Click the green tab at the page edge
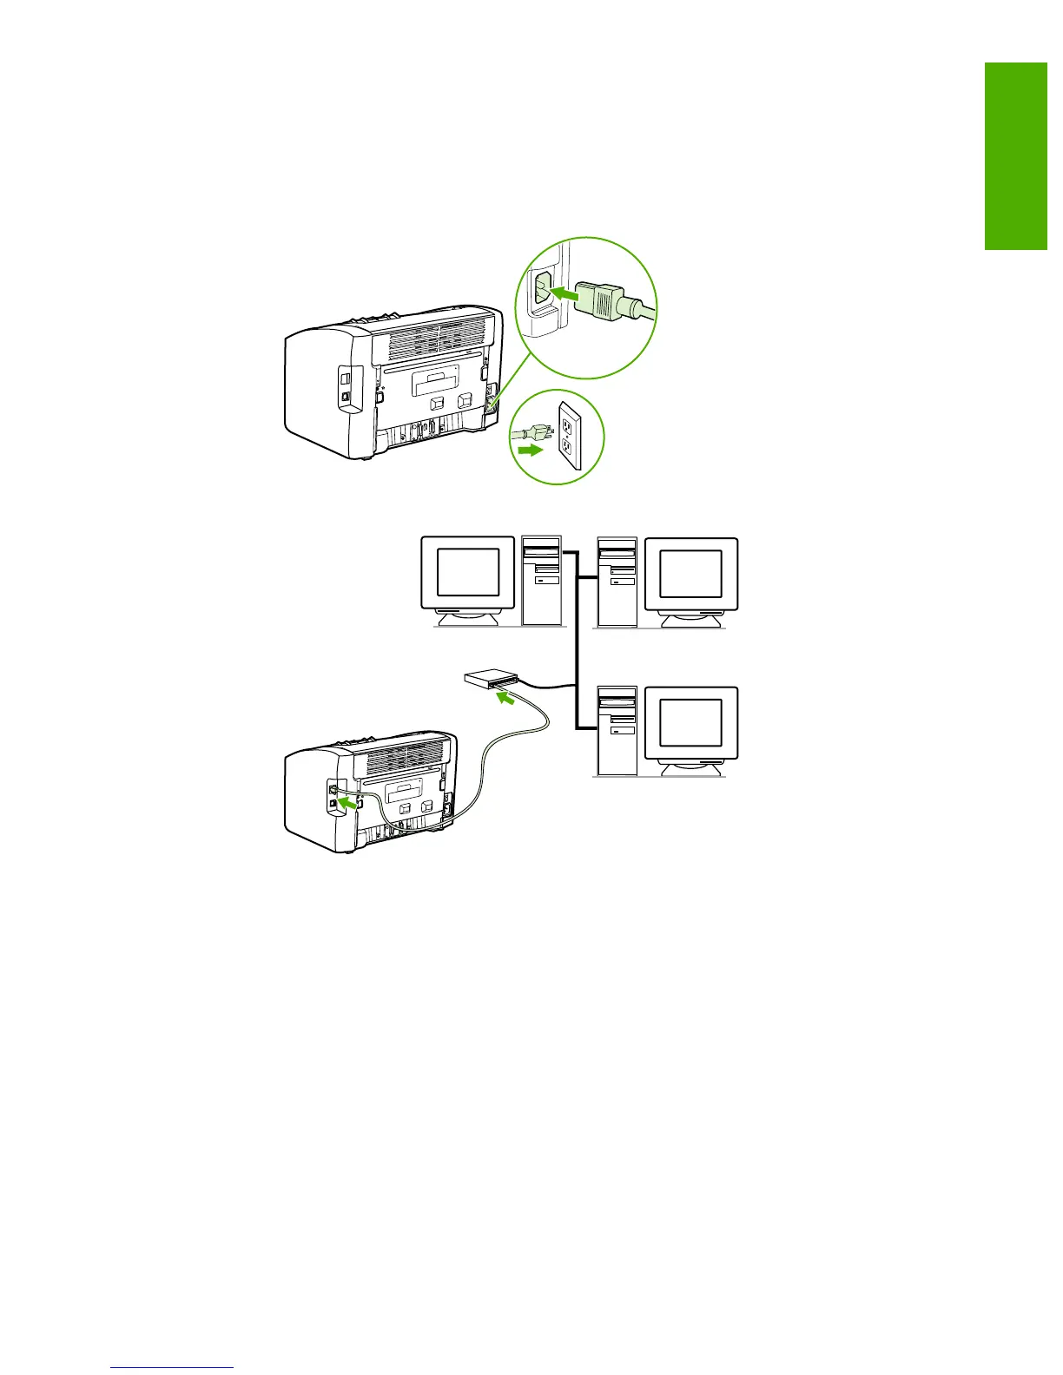(1015, 156)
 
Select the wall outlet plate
(570, 434)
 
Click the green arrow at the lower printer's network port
(348, 804)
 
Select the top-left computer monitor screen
(467, 572)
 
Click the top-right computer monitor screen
(690, 574)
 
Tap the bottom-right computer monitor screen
(690, 722)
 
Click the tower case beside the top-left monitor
(542, 580)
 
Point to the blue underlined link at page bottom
(173, 1367)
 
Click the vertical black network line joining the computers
(577, 642)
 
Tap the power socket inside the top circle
(540, 293)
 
